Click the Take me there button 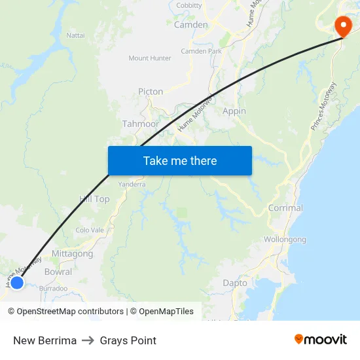(180, 160)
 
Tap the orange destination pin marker (342, 26)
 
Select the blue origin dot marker (17, 282)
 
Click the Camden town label (190, 25)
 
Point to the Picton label (151, 92)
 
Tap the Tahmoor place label (140, 124)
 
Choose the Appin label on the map (234, 111)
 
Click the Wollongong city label (284, 240)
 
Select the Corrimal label (285, 208)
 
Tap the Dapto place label (235, 283)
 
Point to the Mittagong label (72, 254)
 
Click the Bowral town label (58, 272)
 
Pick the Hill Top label (94, 199)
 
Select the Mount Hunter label (150, 58)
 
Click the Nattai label (75, 35)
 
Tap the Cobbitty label (189, 5)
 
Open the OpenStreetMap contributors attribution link (70, 312)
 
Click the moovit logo (321, 340)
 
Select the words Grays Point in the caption (128, 340)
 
